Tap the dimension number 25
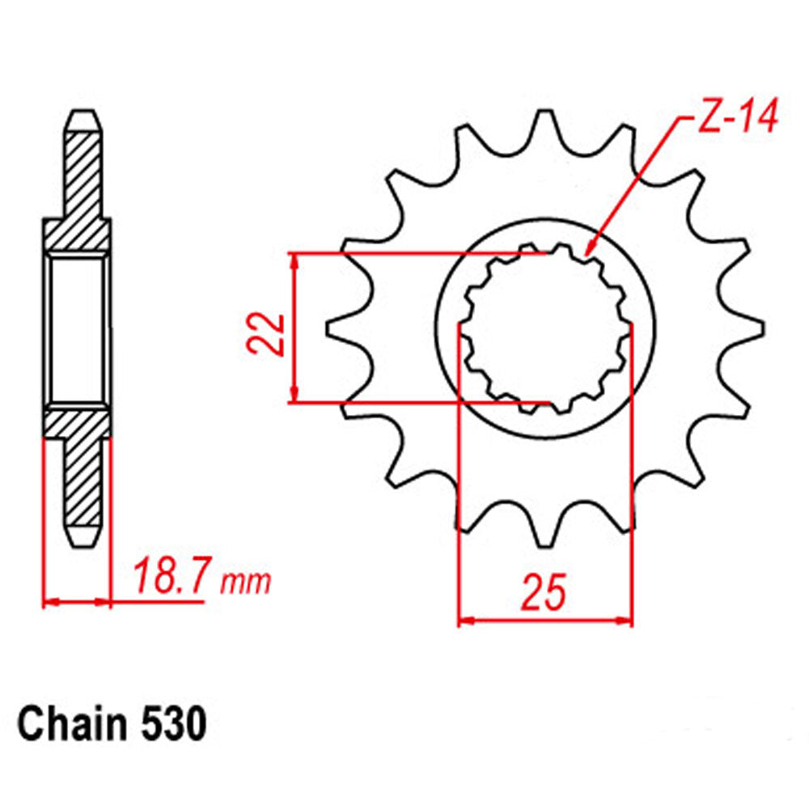[x=544, y=593]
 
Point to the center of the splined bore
[x=545, y=329]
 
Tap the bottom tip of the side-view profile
[x=84, y=543]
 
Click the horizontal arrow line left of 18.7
[x=76, y=602]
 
